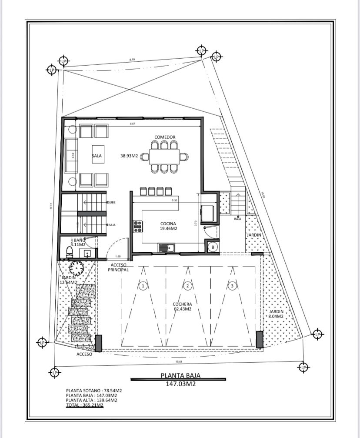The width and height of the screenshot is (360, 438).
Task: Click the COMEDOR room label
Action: click(x=165, y=137)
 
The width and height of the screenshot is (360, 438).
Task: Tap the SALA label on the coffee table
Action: click(x=97, y=155)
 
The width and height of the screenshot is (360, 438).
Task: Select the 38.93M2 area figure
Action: click(x=129, y=155)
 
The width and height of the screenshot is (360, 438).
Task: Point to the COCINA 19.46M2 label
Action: click(x=167, y=226)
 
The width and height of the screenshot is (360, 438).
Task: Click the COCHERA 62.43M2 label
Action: click(x=182, y=307)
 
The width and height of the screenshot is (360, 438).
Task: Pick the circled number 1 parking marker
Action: click(x=143, y=286)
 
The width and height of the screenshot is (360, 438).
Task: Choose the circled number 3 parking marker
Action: click(x=233, y=286)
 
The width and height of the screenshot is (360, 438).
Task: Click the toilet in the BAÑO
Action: click(x=68, y=251)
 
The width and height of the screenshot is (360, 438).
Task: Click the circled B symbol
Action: click(x=213, y=247)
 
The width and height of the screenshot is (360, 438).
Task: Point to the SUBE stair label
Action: click(x=111, y=202)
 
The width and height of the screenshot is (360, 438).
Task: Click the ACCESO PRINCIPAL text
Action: click(x=119, y=267)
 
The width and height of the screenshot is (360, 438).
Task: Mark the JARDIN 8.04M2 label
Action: click(x=276, y=314)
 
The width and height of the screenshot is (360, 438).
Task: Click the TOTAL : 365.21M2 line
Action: click(x=84, y=405)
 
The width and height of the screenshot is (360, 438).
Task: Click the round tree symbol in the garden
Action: click(x=77, y=268)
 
